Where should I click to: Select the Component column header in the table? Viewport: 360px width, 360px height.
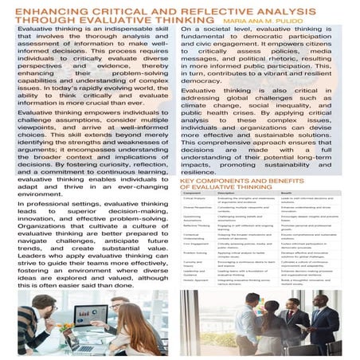point(192,194)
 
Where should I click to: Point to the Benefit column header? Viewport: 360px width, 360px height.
point(289,194)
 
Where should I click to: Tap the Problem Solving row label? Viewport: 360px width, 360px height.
point(196,255)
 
